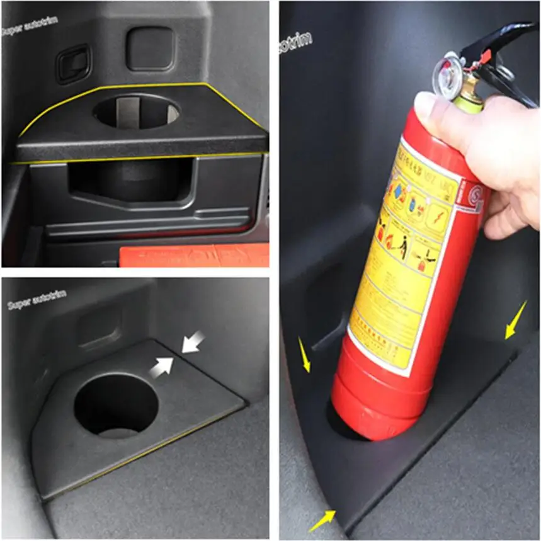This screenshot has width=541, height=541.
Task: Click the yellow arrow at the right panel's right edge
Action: tap(516, 319)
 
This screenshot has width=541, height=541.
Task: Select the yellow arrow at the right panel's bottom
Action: tap(322, 520)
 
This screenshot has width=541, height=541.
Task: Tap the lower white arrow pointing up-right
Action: tap(161, 367)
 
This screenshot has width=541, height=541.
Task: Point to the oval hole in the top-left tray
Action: tap(136, 112)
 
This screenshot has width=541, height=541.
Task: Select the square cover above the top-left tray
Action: tap(149, 48)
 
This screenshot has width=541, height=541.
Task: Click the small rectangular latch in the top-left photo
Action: tap(73, 63)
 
